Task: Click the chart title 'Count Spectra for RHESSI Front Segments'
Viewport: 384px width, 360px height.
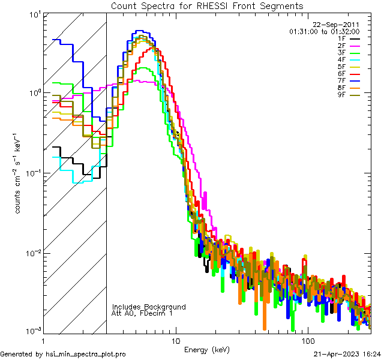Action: (x=207, y=5)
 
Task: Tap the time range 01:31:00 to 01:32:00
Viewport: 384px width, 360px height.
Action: (x=324, y=31)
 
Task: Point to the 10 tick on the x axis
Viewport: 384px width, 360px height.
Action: (x=175, y=340)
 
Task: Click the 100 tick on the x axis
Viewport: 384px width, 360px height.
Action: (x=308, y=340)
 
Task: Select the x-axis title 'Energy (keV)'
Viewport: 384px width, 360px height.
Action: (x=206, y=350)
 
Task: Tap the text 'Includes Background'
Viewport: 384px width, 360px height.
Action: (x=148, y=307)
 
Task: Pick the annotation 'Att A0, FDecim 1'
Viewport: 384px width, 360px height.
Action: (x=142, y=313)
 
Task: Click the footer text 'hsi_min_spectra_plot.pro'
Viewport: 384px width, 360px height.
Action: (x=86, y=354)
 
